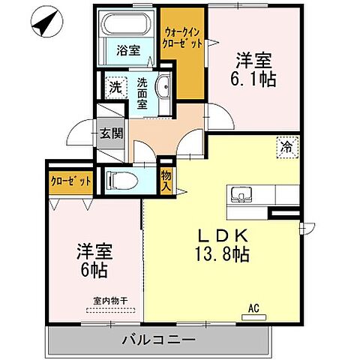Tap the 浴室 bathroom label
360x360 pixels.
[128, 51]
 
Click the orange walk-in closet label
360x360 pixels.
[182, 37]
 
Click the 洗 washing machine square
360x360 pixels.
[115, 87]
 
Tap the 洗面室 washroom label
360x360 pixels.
[143, 94]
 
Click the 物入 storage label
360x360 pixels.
[166, 182]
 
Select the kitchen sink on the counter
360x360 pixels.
[241, 193]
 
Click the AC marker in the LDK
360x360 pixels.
[255, 306]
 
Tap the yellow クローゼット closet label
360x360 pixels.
[71, 182]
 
